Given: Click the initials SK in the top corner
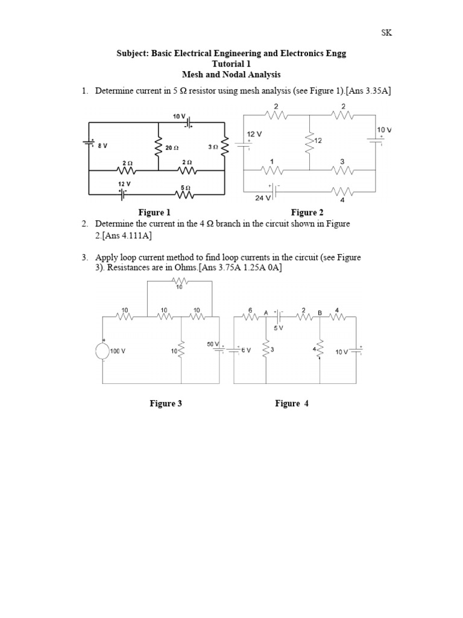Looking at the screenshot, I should coord(386,33).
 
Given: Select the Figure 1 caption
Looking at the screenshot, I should coord(154,212).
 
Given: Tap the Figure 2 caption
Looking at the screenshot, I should coord(307,212).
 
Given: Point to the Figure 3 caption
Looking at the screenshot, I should coord(166,404).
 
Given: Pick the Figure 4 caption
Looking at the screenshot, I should coord(292,404).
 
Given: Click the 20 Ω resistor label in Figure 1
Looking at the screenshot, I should coord(172,147).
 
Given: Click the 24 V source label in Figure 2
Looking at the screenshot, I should coord(263,198).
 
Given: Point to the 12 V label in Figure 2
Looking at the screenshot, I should coord(254,133).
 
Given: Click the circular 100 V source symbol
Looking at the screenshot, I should coord(102,351).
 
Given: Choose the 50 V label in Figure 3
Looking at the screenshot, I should coord(213,343).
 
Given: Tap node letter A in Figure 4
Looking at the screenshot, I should coord(265,313).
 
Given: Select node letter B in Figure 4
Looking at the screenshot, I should coord(320,313).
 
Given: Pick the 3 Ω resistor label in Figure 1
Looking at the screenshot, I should coord(212,147).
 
